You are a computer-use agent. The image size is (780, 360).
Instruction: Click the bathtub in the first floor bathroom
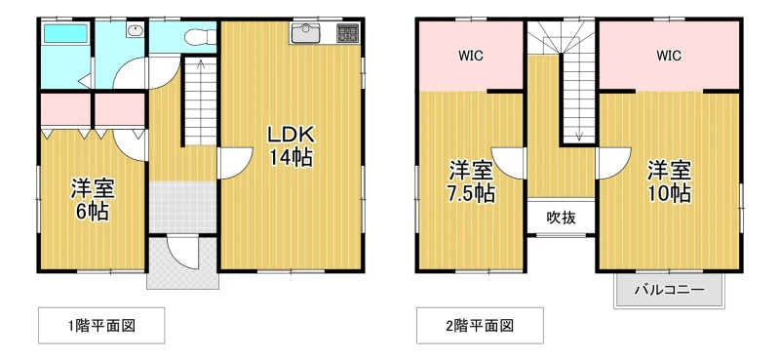[x=65, y=33]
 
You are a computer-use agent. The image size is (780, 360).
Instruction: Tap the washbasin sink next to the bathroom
[x=135, y=30]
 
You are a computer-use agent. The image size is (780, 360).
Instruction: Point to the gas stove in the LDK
[x=347, y=33]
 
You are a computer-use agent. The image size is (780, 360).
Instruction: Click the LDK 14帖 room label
[x=291, y=146]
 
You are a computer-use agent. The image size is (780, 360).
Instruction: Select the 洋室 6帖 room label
[x=93, y=200]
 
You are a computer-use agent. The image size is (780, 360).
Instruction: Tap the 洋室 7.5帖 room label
[x=472, y=181]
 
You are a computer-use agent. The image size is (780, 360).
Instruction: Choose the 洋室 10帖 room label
[x=669, y=181]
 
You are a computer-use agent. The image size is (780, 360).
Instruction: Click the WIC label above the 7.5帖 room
[x=471, y=56]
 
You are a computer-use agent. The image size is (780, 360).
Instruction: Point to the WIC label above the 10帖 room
[x=669, y=56]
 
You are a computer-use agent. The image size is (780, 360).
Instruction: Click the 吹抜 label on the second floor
[x=562, y=218]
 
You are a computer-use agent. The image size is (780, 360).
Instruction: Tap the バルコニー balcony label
[x=669, y=290]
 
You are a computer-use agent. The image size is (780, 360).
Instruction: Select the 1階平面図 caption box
[x=101, y=326]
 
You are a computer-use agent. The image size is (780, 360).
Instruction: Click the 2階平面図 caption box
[x=480, y=326]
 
